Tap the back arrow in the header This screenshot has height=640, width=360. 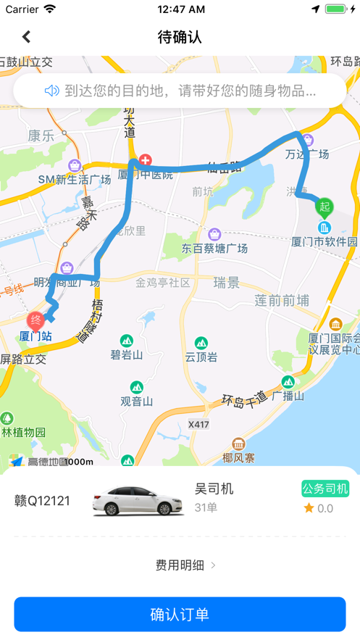click(26, 36)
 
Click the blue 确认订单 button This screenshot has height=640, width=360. click(180, 615)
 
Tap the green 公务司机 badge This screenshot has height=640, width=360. click(325, 489)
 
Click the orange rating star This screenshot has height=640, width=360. click(309, 508)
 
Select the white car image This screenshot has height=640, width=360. click(138, 500)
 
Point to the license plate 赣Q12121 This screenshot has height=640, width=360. click(43, 501)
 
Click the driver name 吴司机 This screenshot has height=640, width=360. click(214, 489)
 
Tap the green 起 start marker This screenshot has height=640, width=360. click(324, 207)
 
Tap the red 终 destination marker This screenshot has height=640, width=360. click(35, 320)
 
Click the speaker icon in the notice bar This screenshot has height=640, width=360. click(51, 91)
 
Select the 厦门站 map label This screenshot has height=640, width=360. click(35, 336)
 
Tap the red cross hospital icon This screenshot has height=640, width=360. click(146, 159)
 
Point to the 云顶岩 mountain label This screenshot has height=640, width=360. click(201, 356)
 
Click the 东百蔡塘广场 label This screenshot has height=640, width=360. click(215, 248)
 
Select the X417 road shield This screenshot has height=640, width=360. click(198, 423)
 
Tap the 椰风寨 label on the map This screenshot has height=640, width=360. click(238, 457)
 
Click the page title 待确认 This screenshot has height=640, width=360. click(180, 36)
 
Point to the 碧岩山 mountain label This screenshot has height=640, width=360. click(127, 354)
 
